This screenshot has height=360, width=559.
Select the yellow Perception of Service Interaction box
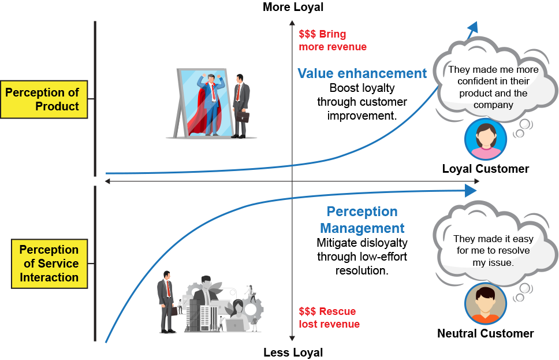[50, 263]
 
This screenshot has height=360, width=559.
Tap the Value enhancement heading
[362, 73]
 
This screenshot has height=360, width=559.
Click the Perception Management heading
[362, 220]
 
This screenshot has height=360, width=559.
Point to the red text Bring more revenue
[332, 40]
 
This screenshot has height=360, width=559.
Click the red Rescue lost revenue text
[329, 318]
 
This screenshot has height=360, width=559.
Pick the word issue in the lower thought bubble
[501, 262]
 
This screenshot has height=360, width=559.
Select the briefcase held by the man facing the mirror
[243, 117]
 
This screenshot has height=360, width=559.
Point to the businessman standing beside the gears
[167, 300]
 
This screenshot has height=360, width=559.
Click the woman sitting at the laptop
[238, 316]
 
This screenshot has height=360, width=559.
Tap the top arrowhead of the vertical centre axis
[292, 25]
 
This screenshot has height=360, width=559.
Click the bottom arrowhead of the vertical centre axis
[292, 337]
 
